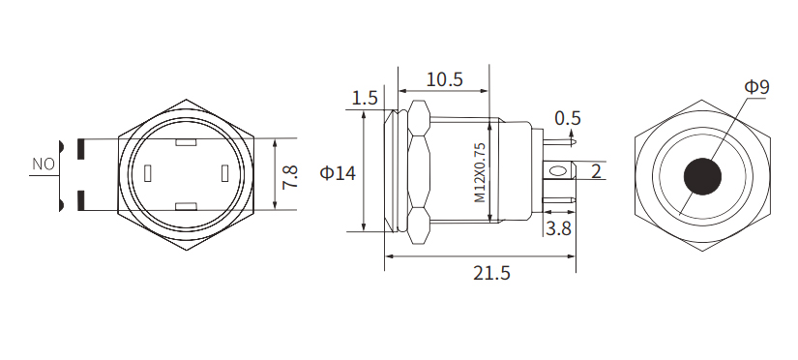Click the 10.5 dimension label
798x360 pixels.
[445, 78]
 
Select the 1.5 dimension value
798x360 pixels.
[365, 98]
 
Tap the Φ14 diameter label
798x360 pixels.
[338, 173]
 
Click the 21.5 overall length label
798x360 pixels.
[491, 273]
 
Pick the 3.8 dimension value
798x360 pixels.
[558, 228]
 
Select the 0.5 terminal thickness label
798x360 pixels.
[568, 118]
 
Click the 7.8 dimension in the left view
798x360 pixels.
[289, 175]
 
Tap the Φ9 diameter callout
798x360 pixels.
[756, 87]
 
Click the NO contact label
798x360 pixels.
[44, 165]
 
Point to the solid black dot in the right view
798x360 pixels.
[703, 175]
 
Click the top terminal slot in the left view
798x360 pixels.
[187, 145]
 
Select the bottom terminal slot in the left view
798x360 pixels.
[187, 206]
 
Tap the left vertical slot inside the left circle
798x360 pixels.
[148, 174]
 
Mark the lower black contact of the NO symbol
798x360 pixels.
[80, 201]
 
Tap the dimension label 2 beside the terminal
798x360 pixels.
[596, 172]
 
